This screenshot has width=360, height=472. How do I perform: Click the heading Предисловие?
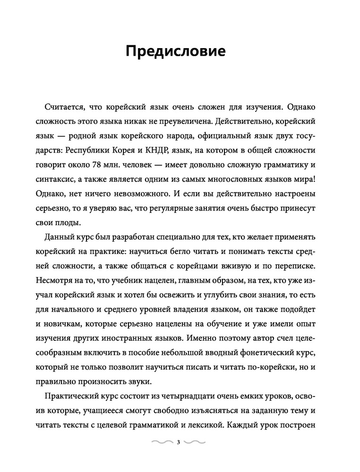tap(179, 51)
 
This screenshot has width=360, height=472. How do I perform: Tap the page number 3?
tap(178, 442)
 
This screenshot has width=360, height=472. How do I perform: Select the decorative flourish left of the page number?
tap(162, 442)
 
